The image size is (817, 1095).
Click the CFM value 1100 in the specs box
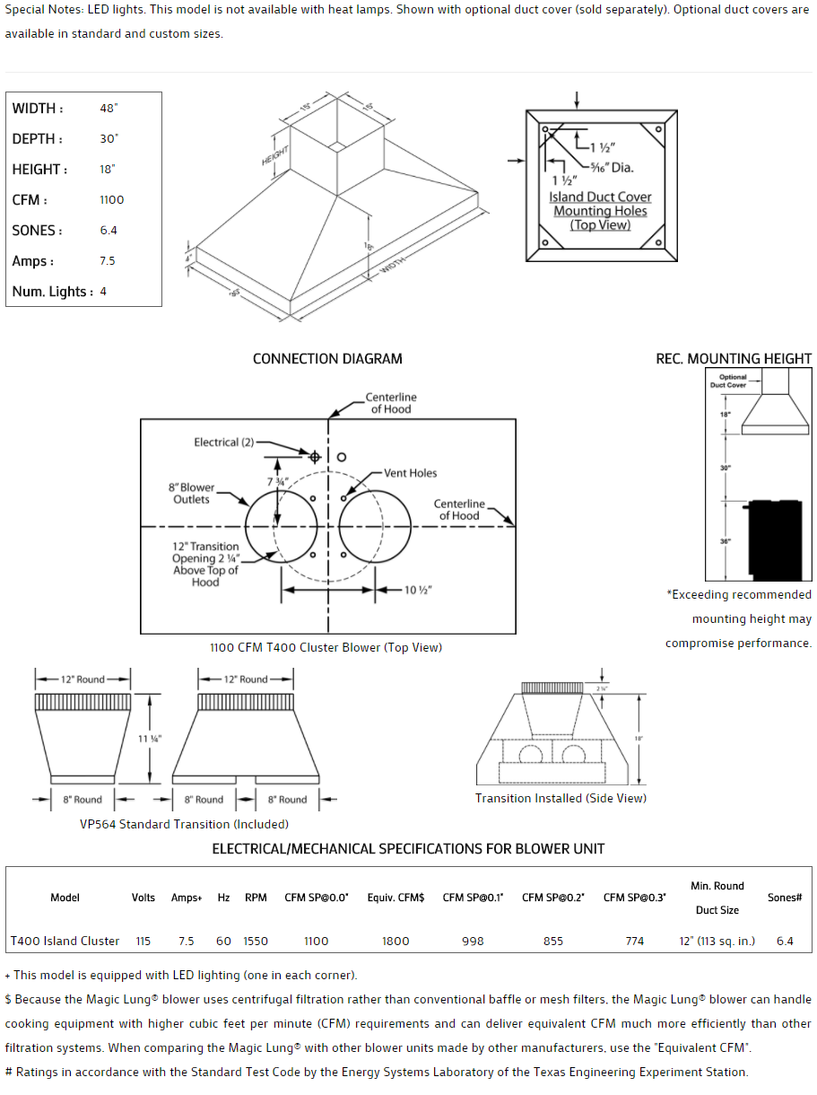coord(112,200)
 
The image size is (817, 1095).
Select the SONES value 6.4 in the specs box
coord(109,231)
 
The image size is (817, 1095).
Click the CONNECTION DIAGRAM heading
coord(327,359)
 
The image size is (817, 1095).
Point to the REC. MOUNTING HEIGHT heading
coord(734,359)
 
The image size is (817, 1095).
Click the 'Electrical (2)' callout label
coord(224,442)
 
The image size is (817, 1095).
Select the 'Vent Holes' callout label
coord(411,473)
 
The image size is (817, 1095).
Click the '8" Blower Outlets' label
coord(192,494)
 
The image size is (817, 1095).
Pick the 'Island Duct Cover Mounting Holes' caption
coord(600,211)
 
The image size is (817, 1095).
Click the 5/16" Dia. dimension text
coord(613,167)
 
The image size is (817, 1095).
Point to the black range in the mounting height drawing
coord(779,539)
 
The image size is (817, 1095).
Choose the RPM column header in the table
coord(256,898)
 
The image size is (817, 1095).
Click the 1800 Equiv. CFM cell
coord(395,942)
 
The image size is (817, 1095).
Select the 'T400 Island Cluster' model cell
coord(65,942)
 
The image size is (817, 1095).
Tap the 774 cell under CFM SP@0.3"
coord(635,942)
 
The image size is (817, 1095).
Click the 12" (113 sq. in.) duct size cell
coord(717,942)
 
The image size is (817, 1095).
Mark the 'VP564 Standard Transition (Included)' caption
coord(184,824)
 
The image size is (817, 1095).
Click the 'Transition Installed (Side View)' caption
coord(561,798)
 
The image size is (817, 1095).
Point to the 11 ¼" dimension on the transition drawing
coord(150,739)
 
